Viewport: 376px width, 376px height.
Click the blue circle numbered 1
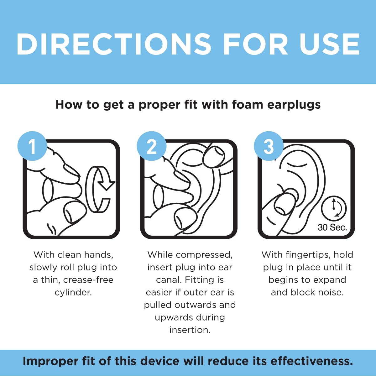coord(32,146)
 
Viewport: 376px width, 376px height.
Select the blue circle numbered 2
coord(152,146)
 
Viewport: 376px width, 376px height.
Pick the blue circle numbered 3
coord(269,146)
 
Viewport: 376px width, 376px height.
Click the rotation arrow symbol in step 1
coord(99,189)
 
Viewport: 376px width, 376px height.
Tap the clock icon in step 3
coord(334,208)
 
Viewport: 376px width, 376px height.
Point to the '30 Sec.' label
coord(332,227)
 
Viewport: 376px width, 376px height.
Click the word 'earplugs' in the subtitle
coord(294,105)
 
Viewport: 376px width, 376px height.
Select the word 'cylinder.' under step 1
coord(73,292)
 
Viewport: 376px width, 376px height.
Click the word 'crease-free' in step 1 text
coord(88,280)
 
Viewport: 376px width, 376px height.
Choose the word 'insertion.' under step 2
coord(190,330)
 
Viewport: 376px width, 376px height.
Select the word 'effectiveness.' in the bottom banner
coord(311,361)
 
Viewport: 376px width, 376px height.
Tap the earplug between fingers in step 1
coord(48,190)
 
